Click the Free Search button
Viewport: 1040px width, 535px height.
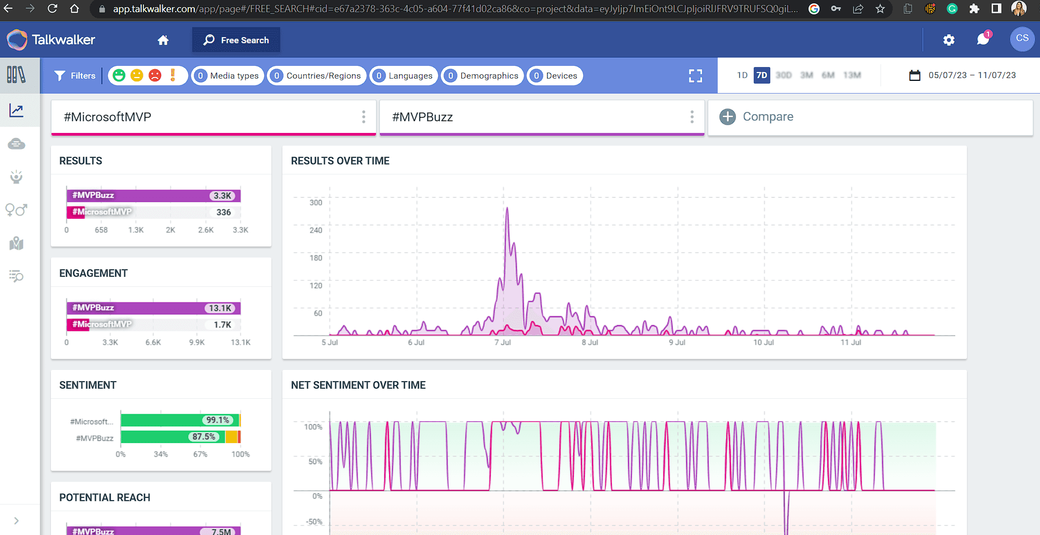(236, 40)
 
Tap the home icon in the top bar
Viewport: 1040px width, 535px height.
(163, 40)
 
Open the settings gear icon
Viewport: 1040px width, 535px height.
(949, 40)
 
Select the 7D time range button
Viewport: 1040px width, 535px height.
(761, 75)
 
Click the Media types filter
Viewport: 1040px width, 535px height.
(228, 76)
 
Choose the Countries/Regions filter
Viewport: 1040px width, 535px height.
(317, 76)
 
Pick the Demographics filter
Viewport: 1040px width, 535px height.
(482, 76)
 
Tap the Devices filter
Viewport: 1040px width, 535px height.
(554, 76)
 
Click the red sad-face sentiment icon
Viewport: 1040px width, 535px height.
(155, 75)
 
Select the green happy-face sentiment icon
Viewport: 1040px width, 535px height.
(119, 75)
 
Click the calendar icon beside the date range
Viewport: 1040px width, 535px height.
(915, 75)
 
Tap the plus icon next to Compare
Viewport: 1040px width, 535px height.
(727, 117)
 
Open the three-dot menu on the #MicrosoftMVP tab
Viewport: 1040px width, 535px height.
(363, 117)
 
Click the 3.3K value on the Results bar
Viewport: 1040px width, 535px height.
(223, 196)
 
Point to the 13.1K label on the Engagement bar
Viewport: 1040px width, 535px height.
(220, 308)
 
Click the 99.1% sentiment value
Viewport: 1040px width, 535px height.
(218, 420)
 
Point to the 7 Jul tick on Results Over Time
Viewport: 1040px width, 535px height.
(503, 342)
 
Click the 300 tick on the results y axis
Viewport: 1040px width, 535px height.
(316, 203)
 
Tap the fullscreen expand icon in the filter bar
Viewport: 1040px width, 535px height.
(696, 76)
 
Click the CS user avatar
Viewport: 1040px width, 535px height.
(1022, 39)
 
